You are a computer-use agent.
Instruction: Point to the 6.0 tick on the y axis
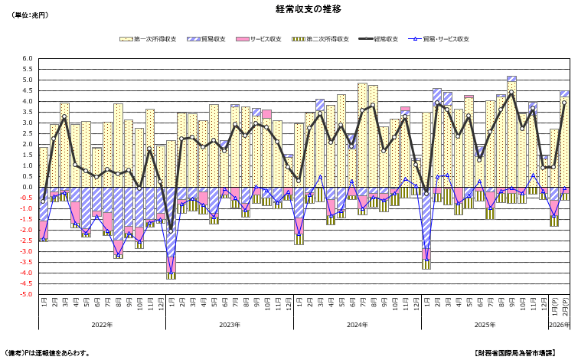tap(28, 59)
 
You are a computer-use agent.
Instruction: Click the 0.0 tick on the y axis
tap(28, 188)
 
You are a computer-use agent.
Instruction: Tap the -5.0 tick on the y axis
tap(26, 295)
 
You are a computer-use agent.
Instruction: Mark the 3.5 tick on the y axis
tap(28, 113)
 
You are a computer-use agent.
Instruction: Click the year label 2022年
tap(102, 325)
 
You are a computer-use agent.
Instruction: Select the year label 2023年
tap(230, 325)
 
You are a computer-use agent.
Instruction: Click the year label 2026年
tap(560, 325)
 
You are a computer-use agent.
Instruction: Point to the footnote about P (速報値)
tap(47, 353)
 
